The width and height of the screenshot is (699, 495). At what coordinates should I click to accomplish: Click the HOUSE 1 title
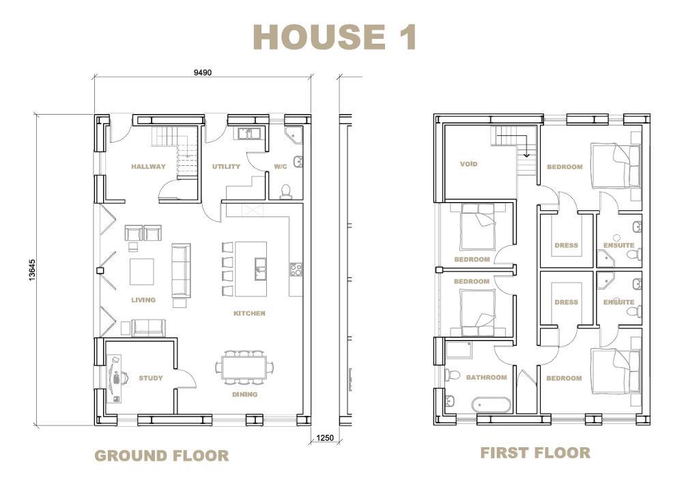334,37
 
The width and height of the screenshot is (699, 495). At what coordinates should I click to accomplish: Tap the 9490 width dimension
202,72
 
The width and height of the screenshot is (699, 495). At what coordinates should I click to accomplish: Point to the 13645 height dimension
31,270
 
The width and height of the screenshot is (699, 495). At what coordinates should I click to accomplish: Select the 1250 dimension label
324,438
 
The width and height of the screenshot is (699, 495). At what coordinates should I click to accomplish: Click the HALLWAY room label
148,167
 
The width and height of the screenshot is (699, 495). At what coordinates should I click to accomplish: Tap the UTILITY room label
226,167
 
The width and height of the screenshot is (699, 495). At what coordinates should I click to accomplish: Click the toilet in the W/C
285,191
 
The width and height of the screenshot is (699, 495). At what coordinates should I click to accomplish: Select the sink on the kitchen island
260,268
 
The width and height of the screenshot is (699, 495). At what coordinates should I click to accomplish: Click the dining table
245,367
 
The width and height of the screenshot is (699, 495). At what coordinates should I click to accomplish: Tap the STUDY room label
151,378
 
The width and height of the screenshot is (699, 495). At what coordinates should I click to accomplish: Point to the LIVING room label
143,300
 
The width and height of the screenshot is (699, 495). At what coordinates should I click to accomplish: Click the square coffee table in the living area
142,272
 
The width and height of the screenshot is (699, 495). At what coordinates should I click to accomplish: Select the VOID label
468,164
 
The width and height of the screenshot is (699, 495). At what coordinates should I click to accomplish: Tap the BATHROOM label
486,378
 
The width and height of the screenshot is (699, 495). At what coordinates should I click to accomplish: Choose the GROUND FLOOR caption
162,456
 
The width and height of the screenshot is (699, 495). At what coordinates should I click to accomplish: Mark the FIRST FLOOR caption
535,453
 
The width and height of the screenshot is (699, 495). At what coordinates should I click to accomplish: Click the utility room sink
246,133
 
